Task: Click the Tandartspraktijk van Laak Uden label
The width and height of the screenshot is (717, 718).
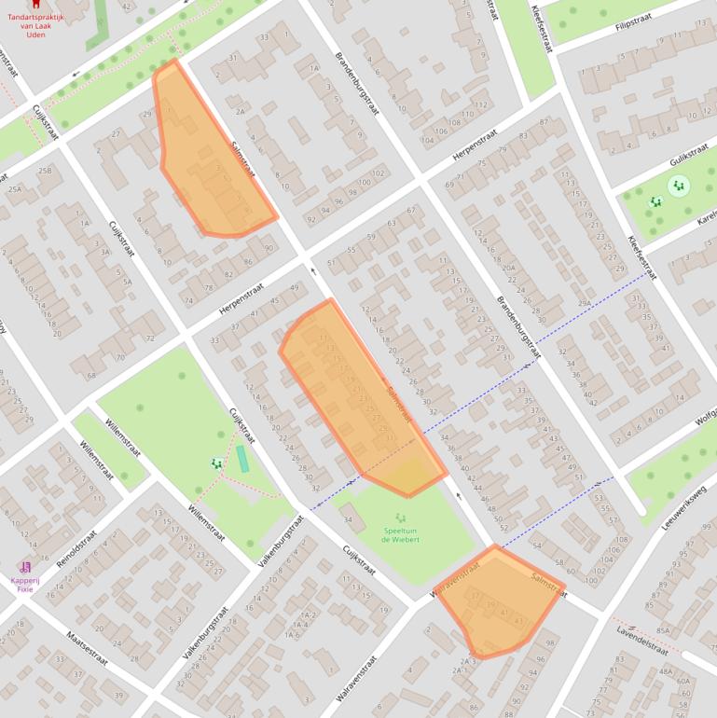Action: click(x=35, y=23)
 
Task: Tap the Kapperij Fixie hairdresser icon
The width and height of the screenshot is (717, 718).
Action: click(x=25, y=567)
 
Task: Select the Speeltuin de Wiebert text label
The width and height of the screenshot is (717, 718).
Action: click(x=401, y=534)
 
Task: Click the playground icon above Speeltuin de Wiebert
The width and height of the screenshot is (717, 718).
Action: click(x=401, y=518)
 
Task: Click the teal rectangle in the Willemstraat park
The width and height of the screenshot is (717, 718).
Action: click(x=242, y=459)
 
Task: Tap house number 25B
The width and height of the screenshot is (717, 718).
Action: click(x=44, y=171)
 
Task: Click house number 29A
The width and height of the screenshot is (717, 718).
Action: click(x=584, y=303)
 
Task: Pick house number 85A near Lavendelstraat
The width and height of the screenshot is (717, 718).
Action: click(x=663, y=630)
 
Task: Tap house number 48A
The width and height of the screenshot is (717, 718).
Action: click(x=666, y=671)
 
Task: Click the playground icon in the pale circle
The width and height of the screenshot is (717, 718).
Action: click(x=678, y=186)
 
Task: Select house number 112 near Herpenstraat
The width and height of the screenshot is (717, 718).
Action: click(x=481, y=104)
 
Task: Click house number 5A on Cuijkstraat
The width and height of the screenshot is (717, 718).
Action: click(x=126, y=282)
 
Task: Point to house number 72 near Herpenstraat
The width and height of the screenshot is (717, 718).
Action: click(x=149, y=337)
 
